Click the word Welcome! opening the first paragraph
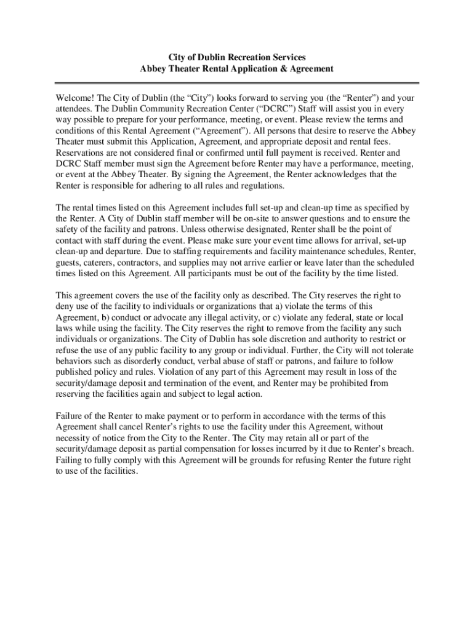tap(74, 97)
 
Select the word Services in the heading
tap(285, 57)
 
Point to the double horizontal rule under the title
tap(237, 82)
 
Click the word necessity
tap(75, 438)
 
